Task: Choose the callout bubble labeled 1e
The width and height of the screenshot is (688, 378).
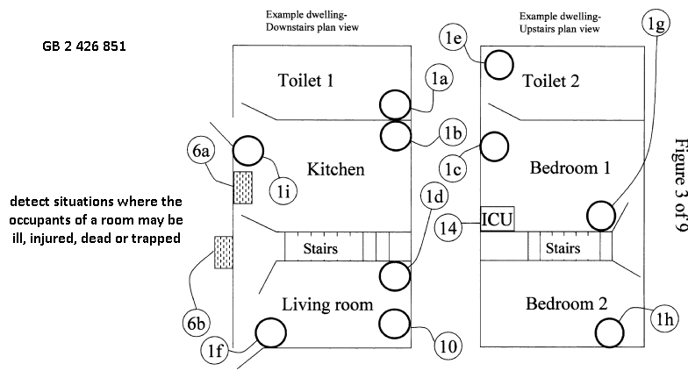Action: [454, 37]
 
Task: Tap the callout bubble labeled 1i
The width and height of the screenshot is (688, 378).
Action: [287, 189]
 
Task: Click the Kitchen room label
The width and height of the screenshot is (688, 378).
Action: [335, 169]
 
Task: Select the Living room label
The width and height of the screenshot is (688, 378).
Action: [327, 304]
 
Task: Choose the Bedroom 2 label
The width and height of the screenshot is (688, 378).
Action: [565, 304]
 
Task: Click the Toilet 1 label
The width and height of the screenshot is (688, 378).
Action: [305, 82]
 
